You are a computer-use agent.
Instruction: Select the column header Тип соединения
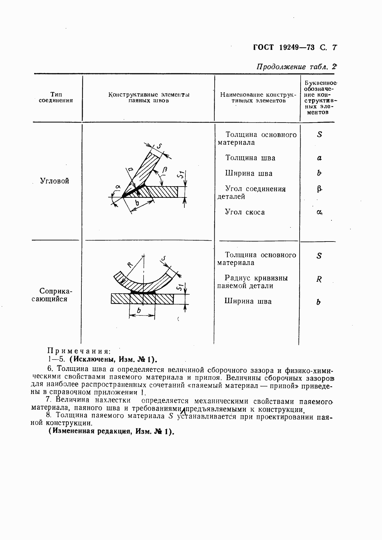56,97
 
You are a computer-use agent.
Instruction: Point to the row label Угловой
55,181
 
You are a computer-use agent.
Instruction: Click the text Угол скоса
245,212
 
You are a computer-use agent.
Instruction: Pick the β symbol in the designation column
319,189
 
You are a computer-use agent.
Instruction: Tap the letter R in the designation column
319,279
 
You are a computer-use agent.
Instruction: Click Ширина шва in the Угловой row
249,174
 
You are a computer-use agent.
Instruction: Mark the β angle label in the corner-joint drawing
165,169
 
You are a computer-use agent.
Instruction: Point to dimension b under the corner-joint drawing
137,203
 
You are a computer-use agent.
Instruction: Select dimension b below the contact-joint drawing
139,311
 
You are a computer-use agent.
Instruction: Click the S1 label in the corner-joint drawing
182,175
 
